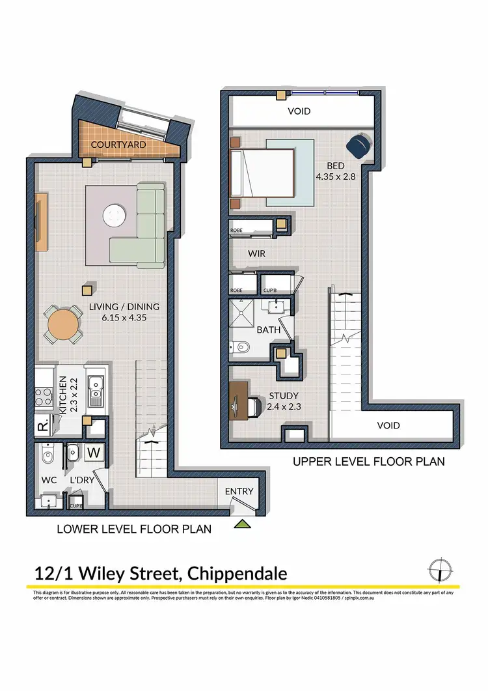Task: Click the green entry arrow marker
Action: point(243,523)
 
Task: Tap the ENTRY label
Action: point(239,491)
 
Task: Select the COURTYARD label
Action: point(118,144)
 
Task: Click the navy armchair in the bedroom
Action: point(358,145)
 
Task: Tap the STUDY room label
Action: point(284,395)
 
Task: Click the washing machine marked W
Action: point(93,451)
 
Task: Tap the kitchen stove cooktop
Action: point(44,395)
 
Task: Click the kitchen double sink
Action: point(96,391)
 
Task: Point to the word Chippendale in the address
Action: point(237,574)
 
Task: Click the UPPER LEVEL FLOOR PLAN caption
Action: point(368,462)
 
